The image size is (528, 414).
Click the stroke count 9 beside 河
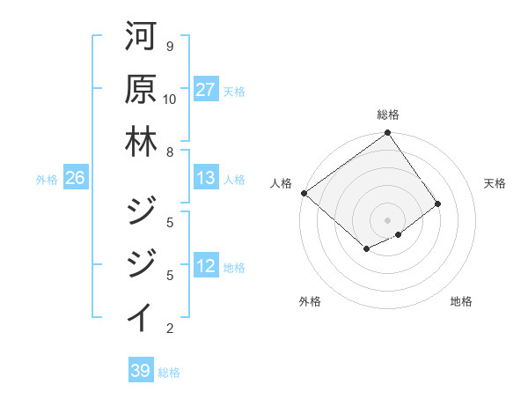pyautogui.click(x=169, y=46)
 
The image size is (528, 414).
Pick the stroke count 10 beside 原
pyautogui.click(x=169, y=99)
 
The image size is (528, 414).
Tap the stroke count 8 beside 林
pyautogui.click(x=169, y=152)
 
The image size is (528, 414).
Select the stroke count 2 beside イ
pyautogui.click(x=169, y=329)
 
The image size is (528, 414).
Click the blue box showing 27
pyautogui.click(x=205, y=90)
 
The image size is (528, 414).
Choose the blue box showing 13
pyautogui.click(x=205, y=179)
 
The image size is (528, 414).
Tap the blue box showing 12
pyautogui.click(x=205, y=267)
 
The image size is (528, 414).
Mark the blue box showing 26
pyautogui.click(x=75, y=179)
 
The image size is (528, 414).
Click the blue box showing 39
pyautogui.click(x=140, y=371)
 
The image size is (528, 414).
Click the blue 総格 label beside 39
pyautogui.click(x=169, y=373)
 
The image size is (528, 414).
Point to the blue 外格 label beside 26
pyautogui.click(x=47, y=180)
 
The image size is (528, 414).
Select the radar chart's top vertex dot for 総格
pyautogui.click(x=387, y=134)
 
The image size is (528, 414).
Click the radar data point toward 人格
pyautogui.click(x=304, y=193)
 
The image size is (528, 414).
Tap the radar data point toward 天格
pyautogui.click(x=437, y=203)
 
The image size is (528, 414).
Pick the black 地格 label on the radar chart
pyautogui.click(x=461, y=301)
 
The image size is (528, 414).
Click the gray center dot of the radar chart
pyautogui.click(x=387, y=219)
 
